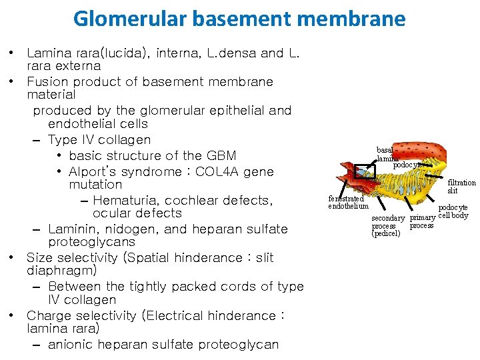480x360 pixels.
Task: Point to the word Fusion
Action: click(47, 82)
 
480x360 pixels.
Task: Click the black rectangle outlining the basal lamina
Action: click(365, 172)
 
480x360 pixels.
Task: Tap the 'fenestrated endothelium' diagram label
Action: click(348, 202)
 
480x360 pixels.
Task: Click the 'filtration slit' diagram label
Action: click(461, 187)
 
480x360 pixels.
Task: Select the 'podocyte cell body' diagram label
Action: click(453, 211)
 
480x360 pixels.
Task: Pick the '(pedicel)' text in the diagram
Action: click(385, 233)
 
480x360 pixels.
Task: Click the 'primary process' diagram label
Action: click(421, 221)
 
